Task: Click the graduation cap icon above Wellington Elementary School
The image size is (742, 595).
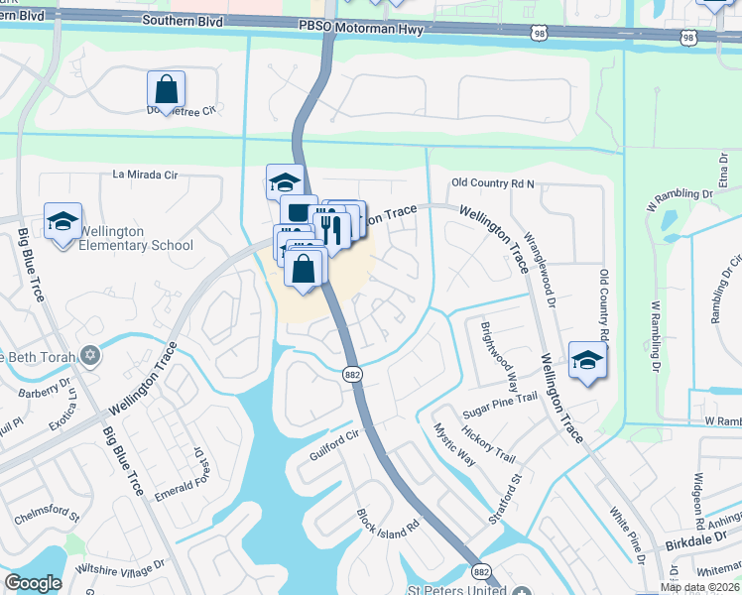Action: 62,221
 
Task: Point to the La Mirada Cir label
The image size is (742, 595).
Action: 145,175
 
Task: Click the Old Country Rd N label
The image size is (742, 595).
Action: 493,183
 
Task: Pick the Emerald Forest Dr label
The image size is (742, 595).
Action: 197,470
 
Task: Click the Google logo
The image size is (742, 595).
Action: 33,582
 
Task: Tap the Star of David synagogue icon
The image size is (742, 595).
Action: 90,355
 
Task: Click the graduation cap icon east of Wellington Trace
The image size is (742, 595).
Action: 587,360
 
